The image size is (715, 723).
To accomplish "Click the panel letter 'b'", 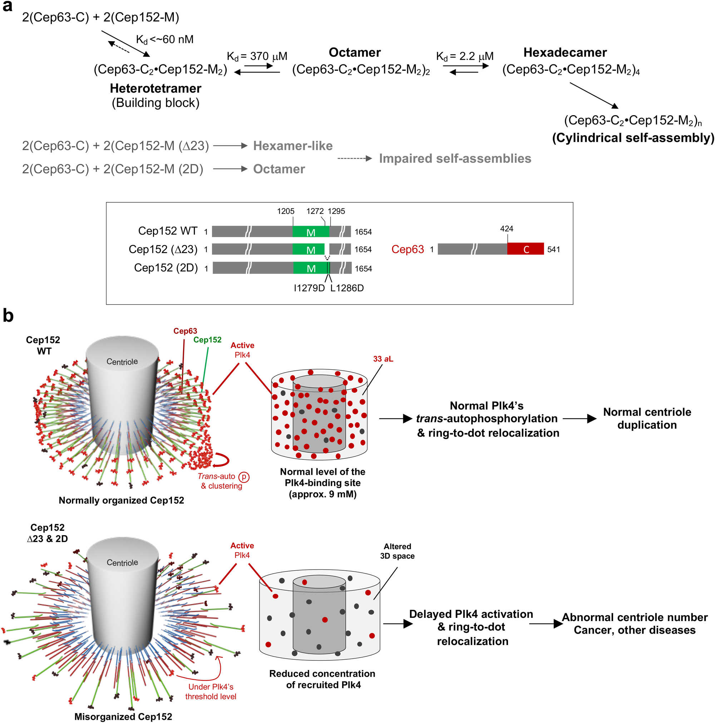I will pos(8,315).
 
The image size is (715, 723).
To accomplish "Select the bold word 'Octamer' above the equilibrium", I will pos(354,53).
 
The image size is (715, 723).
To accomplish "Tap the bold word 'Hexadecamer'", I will pos(564,53).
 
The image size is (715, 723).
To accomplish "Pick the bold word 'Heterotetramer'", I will pos(155,88).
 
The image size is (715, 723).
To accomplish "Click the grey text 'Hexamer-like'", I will pos(292,146).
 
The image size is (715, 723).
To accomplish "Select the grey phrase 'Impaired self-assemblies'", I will pos(455,158).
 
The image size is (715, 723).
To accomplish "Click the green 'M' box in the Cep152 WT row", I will pos(311,232).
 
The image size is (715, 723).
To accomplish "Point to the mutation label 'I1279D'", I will pos(309,288).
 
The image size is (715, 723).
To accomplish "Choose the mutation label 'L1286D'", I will pos(346,288).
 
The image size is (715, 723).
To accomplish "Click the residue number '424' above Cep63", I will pos(506,228).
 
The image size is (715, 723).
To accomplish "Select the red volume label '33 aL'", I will pos(383,359).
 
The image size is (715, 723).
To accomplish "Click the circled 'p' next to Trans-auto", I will pos(243,477).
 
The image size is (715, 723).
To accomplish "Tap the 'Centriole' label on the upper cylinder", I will pos(122,361).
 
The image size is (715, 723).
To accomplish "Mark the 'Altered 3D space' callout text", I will pos(397,551).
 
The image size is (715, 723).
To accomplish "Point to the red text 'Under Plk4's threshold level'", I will pos(211,692).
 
